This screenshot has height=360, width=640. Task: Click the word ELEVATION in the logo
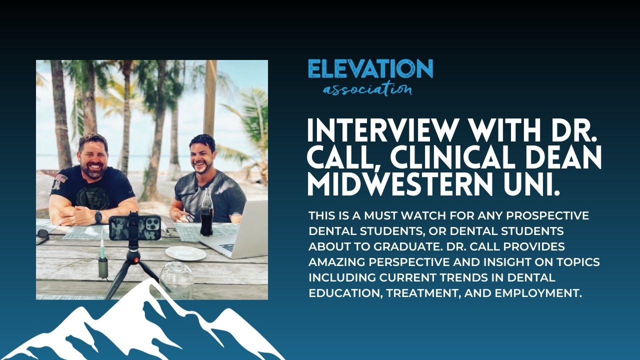[x=370, y=69]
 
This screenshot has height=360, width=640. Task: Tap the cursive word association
[x=367, y=90]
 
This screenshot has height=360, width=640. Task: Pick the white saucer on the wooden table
[x=185, y=253]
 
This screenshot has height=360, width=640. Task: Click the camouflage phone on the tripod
[x=135, y=227]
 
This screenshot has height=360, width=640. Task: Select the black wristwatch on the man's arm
[x=98, y=217]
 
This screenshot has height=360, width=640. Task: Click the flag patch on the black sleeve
[x=61, y=177]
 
